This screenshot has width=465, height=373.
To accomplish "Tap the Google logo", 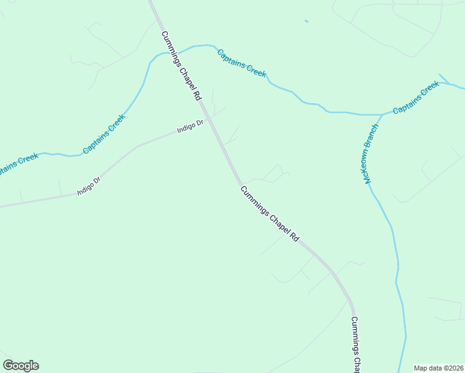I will [x=21, y=366].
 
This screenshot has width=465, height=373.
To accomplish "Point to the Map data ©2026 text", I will [x=438, y=367].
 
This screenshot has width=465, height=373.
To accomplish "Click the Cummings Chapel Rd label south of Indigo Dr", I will [x=270, y=214].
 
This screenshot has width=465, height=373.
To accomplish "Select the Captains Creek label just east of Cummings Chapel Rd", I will [x=242, y=63].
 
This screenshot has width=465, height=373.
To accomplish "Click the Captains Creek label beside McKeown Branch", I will [x=416, y=98].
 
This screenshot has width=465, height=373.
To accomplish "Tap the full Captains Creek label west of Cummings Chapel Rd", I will [x=104, y=134].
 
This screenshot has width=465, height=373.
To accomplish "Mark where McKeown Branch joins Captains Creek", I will [x=382, y=114].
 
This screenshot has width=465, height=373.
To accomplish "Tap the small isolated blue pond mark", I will [x=306, y=22].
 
